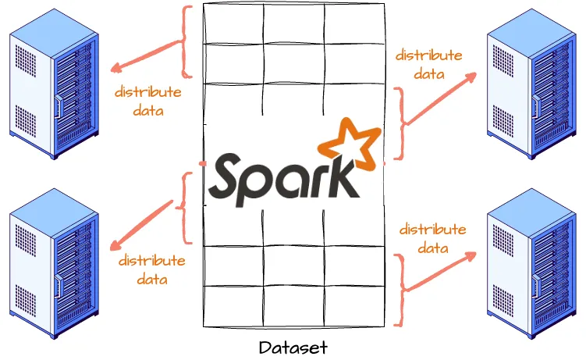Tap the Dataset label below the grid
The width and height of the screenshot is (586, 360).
[293, 347]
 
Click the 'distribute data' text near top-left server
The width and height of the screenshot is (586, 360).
[147, 101]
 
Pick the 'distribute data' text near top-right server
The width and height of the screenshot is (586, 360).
[428, 65]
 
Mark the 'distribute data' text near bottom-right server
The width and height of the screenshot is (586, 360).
[432, 238]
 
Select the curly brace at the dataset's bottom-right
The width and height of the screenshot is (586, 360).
[400, 289]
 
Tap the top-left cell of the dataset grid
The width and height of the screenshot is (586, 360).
[233, 23]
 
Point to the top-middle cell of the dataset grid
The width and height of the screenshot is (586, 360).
[293, 23]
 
